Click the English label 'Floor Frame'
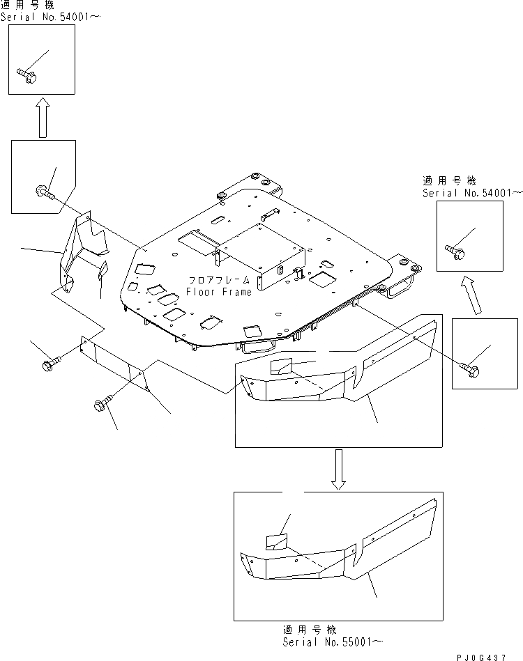pyautogui.click(x=218, y=292)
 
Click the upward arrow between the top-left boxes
pyautogui.click(x=42, y=117)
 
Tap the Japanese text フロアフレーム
pyautogui.click(x=218, y=281)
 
